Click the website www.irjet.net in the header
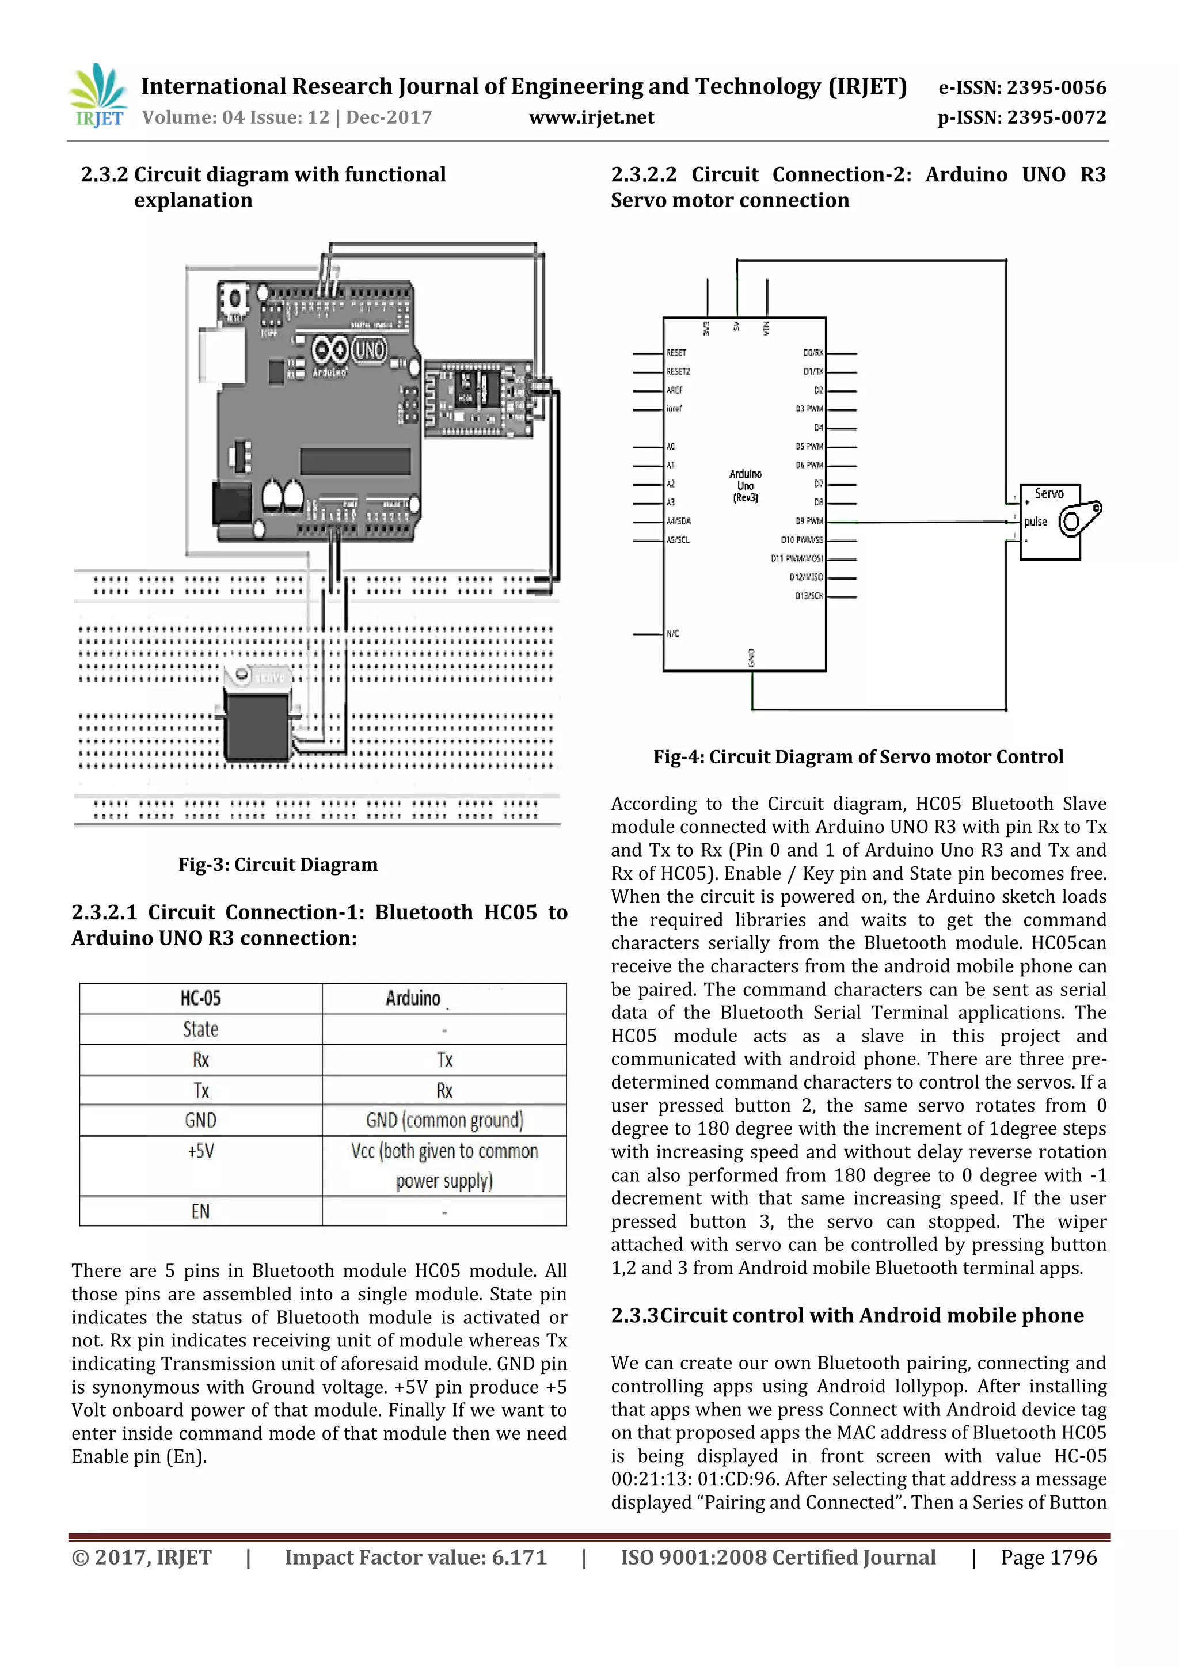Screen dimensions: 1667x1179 (x=591, y=117)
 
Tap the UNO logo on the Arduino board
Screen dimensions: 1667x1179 (x=370, y=351)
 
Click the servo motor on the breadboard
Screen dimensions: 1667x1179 (x=258, y=719)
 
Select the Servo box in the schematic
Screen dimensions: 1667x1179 (x=1050, y=522)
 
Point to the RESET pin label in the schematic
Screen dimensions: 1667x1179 (x=676, y=353)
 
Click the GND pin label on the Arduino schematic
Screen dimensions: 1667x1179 (x=751, y=657)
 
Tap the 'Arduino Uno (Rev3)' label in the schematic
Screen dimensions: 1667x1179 (x=745, y=486)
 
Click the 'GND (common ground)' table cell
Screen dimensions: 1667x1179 (x=444, y=1120)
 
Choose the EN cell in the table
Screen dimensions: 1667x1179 (x=200, y=1211)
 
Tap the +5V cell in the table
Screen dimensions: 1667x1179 (x=200, y=1151)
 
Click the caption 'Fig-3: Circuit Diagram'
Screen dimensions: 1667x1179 (x=278, y=865)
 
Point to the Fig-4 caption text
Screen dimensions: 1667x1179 (x=858, y=758)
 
